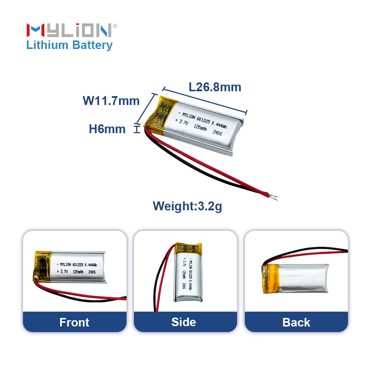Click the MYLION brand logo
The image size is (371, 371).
tap(69, 30)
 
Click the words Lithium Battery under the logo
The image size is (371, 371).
tap(69, 45)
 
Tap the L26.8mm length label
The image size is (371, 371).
tap(215, 87)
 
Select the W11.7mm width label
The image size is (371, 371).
tap(111, 101)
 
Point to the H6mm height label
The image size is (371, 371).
tap(107, 129)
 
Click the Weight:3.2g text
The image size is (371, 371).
tap(187, 206)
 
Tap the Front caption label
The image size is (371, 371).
tap(75, 322)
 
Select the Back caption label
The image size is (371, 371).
tap(296, 322)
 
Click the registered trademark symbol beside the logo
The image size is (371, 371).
tap(115, 26)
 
